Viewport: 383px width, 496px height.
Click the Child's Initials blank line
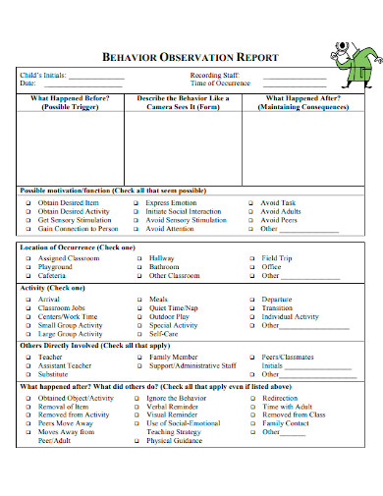96,76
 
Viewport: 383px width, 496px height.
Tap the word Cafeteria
54,276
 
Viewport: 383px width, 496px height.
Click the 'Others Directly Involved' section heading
83,346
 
